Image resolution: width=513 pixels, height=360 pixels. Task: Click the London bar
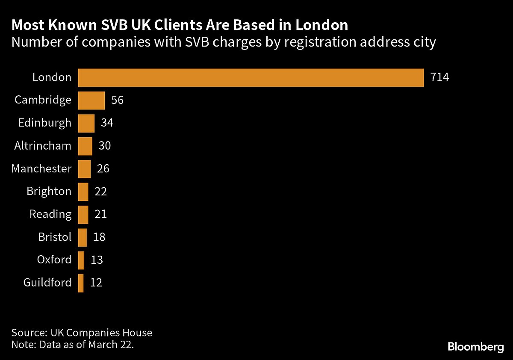coord(251,77)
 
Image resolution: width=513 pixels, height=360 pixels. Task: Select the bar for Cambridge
coord(91,100)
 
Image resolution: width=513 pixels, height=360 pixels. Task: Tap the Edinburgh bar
coord(86,123)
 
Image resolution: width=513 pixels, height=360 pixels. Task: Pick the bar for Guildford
coord(81,283)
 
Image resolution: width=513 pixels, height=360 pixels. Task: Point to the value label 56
coord(117,100)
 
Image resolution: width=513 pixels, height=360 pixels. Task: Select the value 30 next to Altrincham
coord(105,146)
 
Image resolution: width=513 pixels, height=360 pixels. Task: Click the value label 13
coord(97,260)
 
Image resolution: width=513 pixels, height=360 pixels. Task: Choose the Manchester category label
coord(41,168)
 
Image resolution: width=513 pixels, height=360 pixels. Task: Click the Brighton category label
coord(49,191)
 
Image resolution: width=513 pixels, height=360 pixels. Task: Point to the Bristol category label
coord(55,237)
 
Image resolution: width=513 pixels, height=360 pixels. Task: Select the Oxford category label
coord(54,260)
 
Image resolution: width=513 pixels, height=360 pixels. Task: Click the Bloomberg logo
coord(476,347)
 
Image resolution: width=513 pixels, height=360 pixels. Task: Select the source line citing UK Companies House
coord(82,333)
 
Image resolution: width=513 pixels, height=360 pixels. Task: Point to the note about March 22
coord(73,345)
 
